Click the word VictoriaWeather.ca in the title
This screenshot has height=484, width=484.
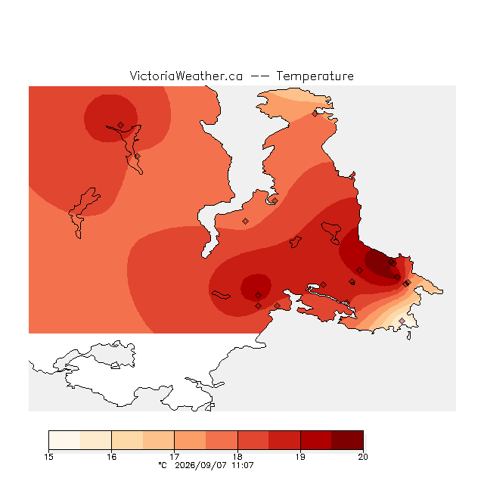(x=186, y=76)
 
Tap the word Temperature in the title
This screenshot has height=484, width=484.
(x=315, y=76)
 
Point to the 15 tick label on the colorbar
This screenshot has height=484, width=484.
(x=48, y=457)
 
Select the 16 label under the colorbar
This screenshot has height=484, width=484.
(x=111, y=457)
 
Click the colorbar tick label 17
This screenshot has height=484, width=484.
(x=175, y=457)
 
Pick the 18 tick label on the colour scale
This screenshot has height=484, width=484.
(x=237, y=457)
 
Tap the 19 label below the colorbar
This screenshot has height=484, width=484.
(x=300, y=457)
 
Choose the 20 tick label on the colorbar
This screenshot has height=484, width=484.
(x=363, y=457)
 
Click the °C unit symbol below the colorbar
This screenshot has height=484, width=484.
(x=163, y=465)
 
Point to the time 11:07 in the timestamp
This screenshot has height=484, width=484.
(x=242, y=465)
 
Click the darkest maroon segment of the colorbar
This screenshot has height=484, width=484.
(x=347, y=440)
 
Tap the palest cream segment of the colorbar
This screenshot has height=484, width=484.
(x=64, y=440)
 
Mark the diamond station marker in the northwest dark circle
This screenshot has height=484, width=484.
(x=121, y=125)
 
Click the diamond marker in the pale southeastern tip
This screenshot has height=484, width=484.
(x=402, y=321)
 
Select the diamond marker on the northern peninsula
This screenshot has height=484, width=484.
(x=315, y=114)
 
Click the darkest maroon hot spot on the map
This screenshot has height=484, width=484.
(x=380, y=262)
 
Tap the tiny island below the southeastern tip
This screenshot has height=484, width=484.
(x=409, y=336)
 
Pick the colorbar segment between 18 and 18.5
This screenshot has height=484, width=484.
(x=253, y=440)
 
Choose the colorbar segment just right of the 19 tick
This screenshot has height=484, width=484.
(x=316, y=440)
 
